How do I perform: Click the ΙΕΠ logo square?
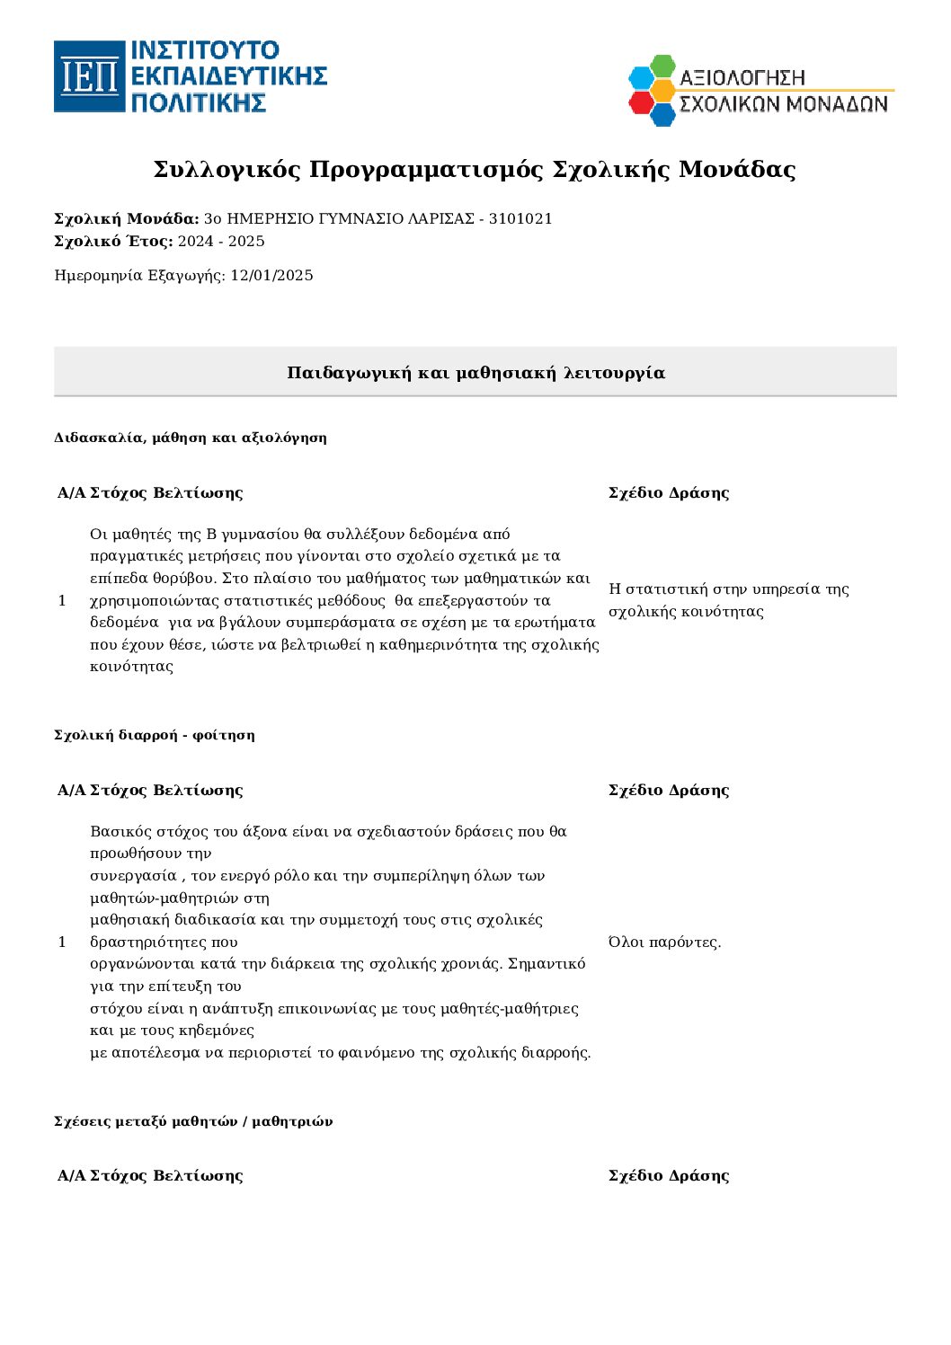pos(89,76)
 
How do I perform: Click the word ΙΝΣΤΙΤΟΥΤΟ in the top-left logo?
pos(205,50)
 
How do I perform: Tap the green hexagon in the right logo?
pos(662,66)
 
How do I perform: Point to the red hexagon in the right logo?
pos(641,102)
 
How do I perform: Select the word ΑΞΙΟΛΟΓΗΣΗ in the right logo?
pos(742,78)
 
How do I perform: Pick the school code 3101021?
pos(520,219)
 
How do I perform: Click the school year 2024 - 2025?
pos(221,241)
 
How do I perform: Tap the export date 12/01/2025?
pos(271,276)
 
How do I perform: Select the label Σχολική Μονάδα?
pos(127,219)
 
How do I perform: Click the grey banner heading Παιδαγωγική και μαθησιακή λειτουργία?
pos(475,373)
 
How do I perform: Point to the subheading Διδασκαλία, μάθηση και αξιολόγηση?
pos(191,438)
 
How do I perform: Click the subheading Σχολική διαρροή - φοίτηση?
pos(155,735)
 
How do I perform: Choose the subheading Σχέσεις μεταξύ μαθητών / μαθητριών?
pos(193,1121)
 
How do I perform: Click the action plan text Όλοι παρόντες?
pos(664,942)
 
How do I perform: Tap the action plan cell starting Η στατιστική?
pos(728,600)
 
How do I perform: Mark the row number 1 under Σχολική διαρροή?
pos(62,942)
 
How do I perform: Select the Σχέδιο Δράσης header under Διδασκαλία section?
pos(669,492)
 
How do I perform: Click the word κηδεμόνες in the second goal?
pos(217,1031)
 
